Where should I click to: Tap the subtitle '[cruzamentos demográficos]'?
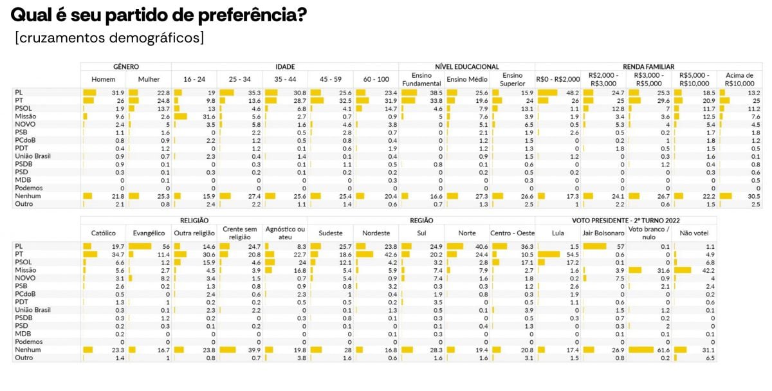[109, 38]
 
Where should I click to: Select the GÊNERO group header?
[126, 66]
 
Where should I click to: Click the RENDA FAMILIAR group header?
[648, 66]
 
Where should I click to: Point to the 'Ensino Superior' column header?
[513, 80]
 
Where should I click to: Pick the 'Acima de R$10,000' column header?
[738, 80]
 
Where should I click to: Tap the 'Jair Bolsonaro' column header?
[603, 233]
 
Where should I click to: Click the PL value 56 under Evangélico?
[164, 246]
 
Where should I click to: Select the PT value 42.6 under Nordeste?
[388, 254]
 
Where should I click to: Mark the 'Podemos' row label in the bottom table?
[28, 342]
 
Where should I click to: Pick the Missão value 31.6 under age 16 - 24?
[206, 116]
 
